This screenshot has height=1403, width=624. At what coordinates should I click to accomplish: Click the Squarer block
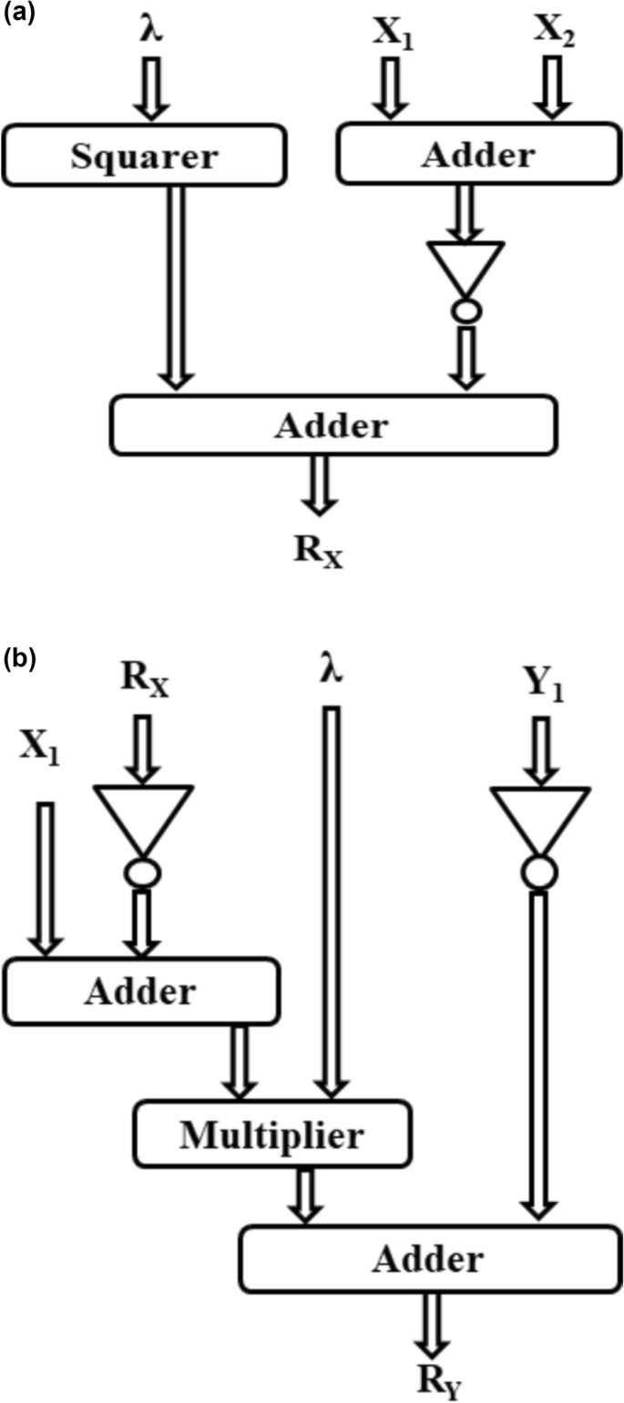coord(145,156)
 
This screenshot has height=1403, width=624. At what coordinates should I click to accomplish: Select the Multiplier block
coord(271,1134)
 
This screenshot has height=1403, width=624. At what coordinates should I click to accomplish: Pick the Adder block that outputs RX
coord(332,424)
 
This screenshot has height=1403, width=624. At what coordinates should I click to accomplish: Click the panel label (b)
coord(18,657)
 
